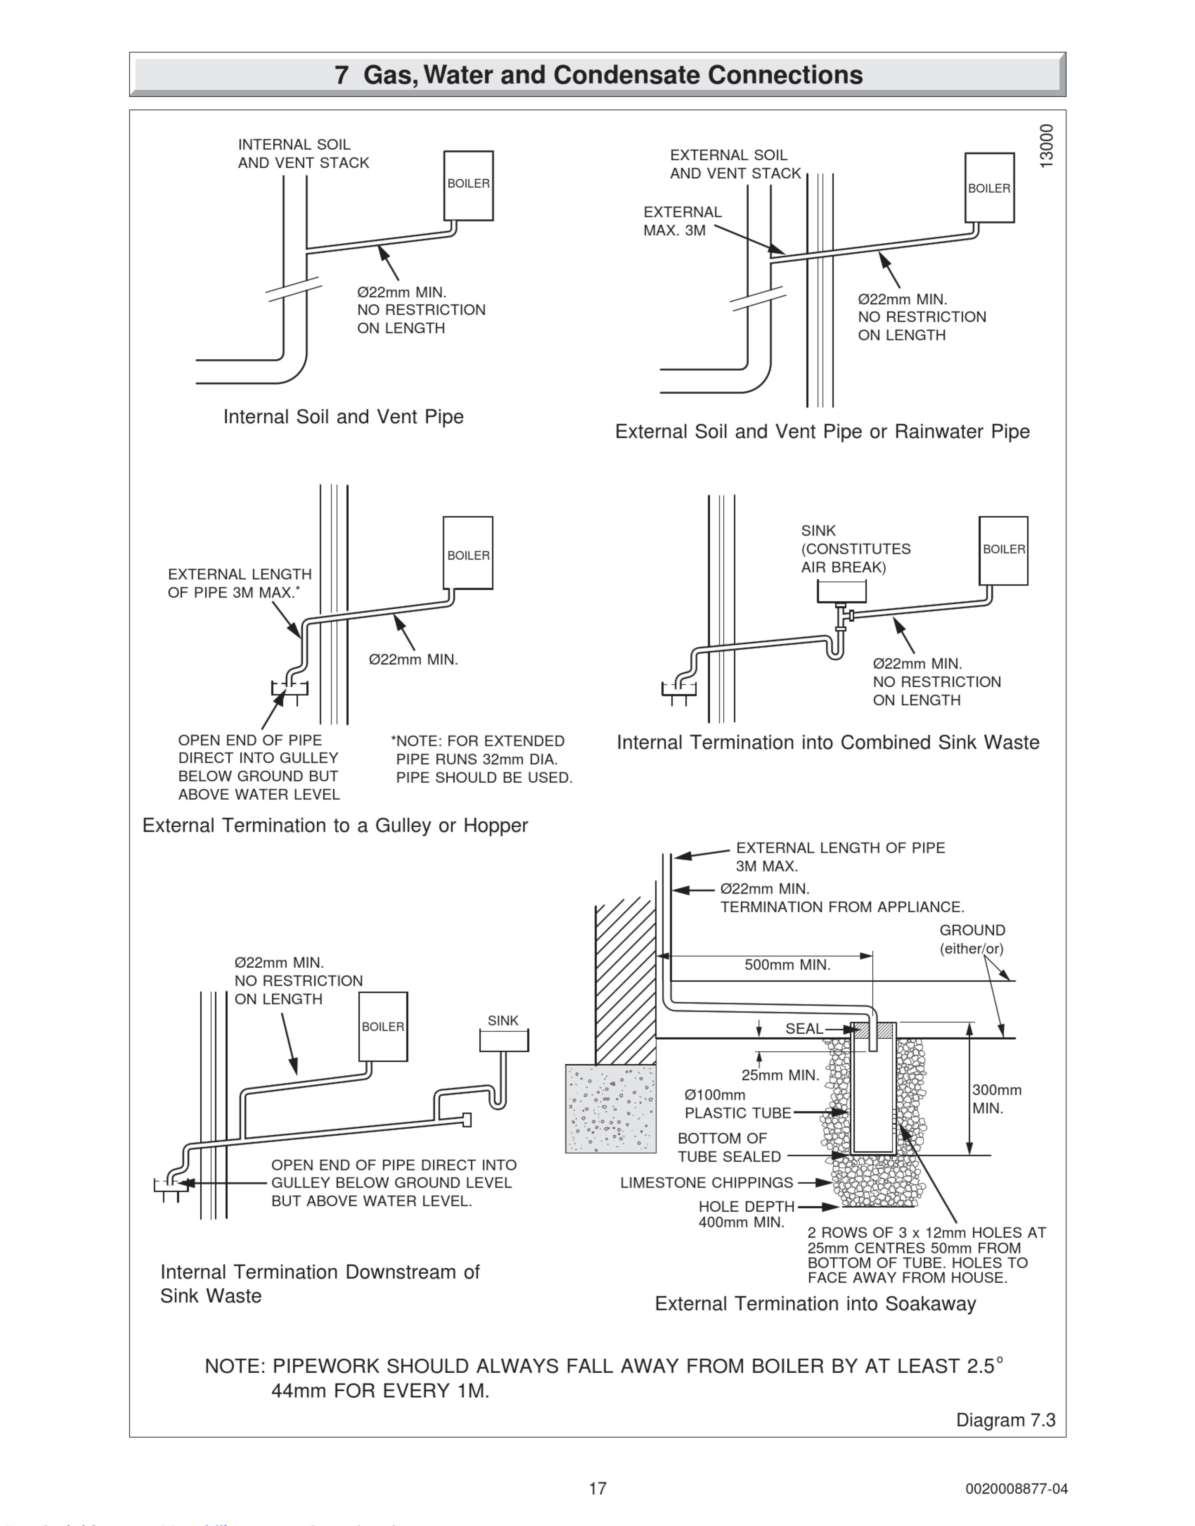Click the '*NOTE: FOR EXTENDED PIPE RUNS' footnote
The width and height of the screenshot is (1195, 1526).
tap(482, 759)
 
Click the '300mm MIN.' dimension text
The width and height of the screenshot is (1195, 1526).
tap(996, 1099)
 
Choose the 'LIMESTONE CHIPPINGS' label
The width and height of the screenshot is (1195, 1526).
tap(707, 1182)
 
